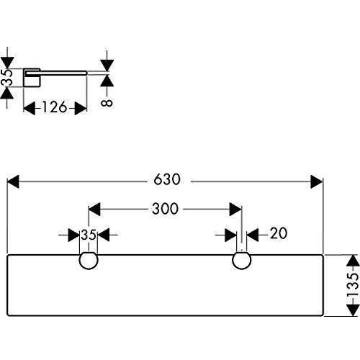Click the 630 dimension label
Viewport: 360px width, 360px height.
[167, 179]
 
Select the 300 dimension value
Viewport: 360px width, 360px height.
[166, 209]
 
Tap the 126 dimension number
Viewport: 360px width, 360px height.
[55, 107]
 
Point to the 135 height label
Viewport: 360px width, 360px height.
[353, 285]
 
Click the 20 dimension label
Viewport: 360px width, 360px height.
[279, 233]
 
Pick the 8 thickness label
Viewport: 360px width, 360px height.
[107, 103]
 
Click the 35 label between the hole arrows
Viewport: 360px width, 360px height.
[89, 235]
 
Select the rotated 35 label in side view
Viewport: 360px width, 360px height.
[6, 77]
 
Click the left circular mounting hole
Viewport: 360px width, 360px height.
[89, 261]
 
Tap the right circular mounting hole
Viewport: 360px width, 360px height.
[242, 261]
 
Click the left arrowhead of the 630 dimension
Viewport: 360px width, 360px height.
[13, 181]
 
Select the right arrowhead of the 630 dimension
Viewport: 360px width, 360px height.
[317, 181]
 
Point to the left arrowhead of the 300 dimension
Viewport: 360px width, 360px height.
[94, 210]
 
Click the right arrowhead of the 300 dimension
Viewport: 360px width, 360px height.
[235, 210]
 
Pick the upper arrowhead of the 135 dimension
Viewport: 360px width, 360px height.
[354, 260]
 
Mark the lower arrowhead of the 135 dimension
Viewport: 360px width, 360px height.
[354, 310]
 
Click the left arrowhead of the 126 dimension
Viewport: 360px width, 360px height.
[30, 108]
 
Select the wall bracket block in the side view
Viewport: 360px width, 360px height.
[32, 78]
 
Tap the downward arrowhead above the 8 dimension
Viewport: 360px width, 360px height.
[107, 66]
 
